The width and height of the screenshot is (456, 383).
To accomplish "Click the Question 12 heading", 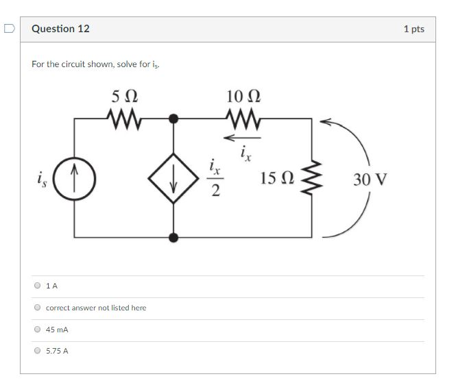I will (x=60, y=29).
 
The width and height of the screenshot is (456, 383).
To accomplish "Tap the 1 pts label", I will (x=413, y=29).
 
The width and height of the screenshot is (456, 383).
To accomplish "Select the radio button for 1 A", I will (x=38, y=286).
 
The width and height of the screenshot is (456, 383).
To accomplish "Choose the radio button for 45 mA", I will (x=38, y=330).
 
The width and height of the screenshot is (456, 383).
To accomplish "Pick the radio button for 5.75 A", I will (x=38, y=351).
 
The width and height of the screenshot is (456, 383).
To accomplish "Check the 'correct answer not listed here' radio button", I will (x=38, y=308).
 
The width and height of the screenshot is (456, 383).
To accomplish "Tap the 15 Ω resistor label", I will (x=278, y=180).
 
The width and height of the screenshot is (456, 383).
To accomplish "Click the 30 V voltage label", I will (x=370, y=180).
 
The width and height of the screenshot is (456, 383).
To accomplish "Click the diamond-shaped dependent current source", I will (x=173, y=178).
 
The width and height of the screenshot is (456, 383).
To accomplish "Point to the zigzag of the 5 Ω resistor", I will (x=125, y=119).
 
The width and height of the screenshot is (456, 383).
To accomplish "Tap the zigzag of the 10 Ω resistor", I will (x=243, y=119).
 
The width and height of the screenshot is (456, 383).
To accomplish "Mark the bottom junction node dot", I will (x=173, y=237).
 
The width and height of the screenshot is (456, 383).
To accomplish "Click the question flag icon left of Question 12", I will (x=8, y=29).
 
